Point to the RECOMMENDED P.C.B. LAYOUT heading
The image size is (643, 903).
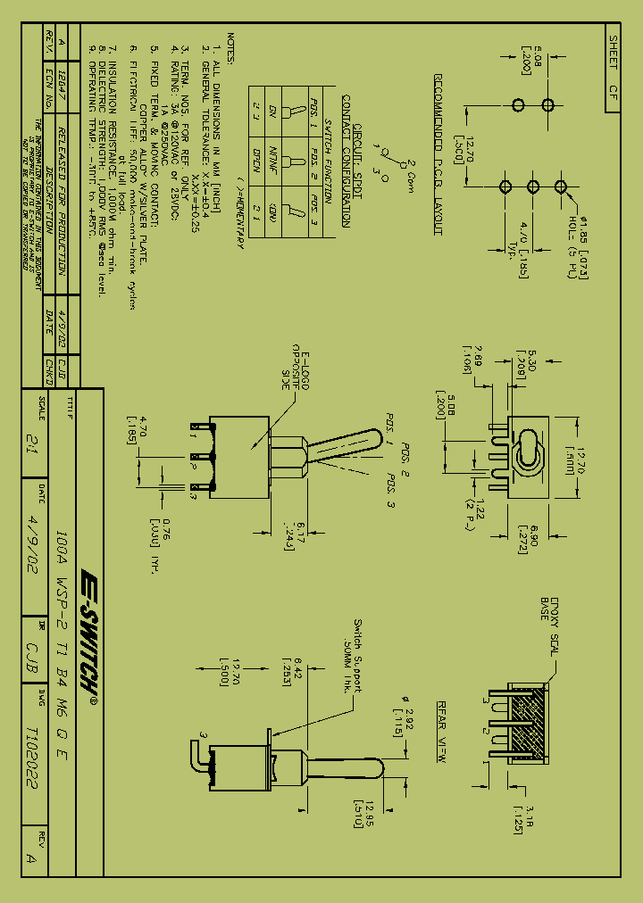[x=438, y=154]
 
